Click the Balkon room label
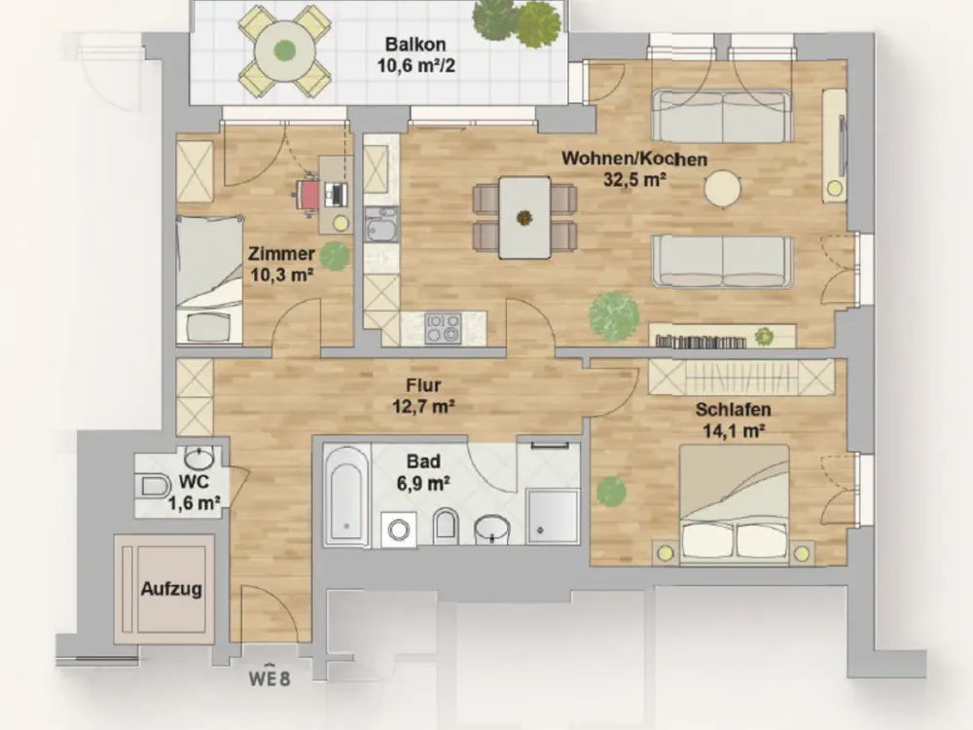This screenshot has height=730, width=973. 415,45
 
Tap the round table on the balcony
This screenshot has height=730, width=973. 285,51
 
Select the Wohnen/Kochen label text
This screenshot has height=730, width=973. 634,159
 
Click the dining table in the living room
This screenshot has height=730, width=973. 525,217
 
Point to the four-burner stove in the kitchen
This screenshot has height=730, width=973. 443,327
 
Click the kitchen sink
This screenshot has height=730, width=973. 381,224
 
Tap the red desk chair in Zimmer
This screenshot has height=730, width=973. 308,196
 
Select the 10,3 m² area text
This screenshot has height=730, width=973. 282,274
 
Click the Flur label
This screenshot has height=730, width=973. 424,385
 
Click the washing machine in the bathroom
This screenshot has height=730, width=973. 398,529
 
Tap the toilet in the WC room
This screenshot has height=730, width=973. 154,486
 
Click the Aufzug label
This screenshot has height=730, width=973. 171,589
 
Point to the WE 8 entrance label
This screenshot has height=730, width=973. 270,677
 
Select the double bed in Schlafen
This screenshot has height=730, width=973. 735,504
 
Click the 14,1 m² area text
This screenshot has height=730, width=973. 734,430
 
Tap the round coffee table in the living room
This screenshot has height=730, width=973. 723,188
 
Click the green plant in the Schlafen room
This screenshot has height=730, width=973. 611,491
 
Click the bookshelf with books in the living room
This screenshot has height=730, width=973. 723,336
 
